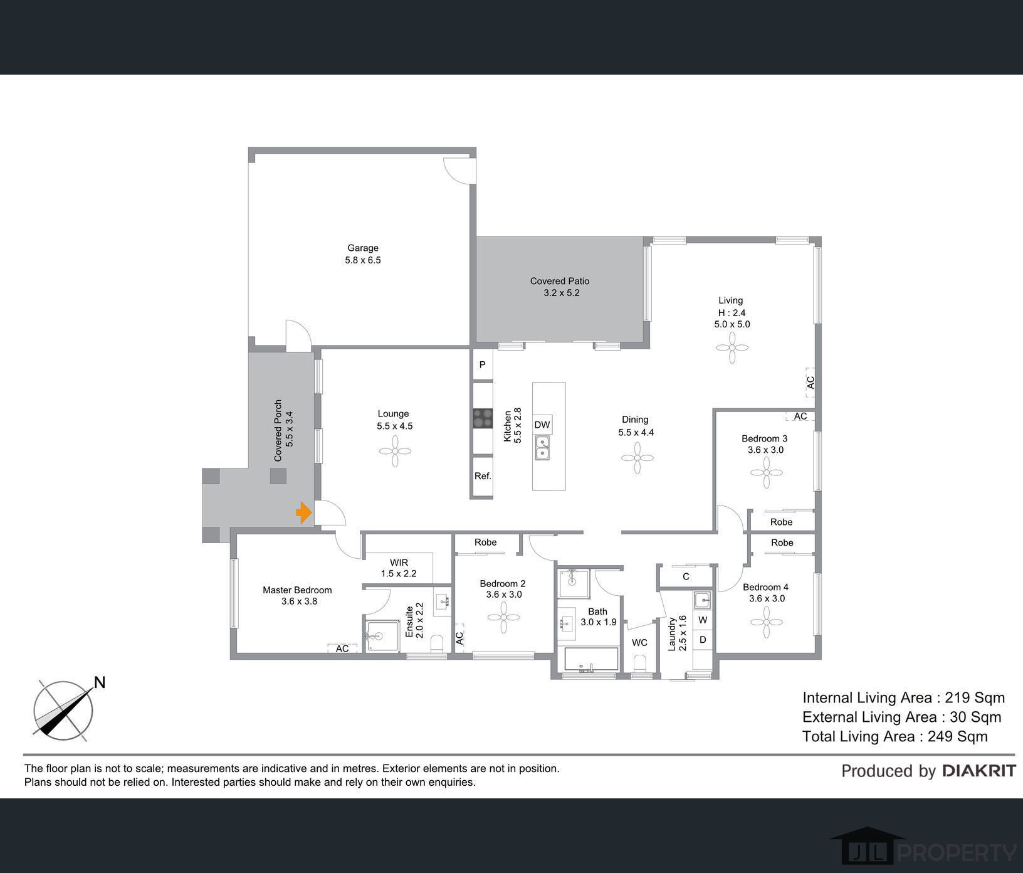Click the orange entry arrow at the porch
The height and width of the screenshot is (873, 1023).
(x=304, y=513)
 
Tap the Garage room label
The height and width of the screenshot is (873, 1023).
(x=363, y=248)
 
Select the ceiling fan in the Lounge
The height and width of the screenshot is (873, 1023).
(x=395, y=451)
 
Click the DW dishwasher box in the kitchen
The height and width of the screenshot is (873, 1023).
(x=542, y=425)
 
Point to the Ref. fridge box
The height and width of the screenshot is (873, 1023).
(x=483, y=476)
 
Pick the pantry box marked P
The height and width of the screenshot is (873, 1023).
(x=483, y=364)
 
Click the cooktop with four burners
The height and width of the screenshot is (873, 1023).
(x=483, y=418)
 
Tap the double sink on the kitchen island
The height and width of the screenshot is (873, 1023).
(x=543, y=448)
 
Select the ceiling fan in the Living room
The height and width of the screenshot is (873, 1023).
(x=732, y=347)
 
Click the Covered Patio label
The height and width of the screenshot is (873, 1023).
(x=560, y=281)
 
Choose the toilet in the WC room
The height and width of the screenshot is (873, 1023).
(x=640, y=664)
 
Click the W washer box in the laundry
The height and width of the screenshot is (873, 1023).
(x=703, y=620)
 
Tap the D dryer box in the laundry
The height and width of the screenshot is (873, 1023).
(x=703, y=640)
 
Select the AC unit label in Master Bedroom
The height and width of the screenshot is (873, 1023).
(x=342, y=648)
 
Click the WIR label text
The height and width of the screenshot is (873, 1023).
(x=399, y=563)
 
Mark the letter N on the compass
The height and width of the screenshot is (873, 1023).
(x=99, y=682)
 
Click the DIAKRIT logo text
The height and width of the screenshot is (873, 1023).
(x=979, y=771)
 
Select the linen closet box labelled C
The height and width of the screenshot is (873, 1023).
(x=686, y=576)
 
